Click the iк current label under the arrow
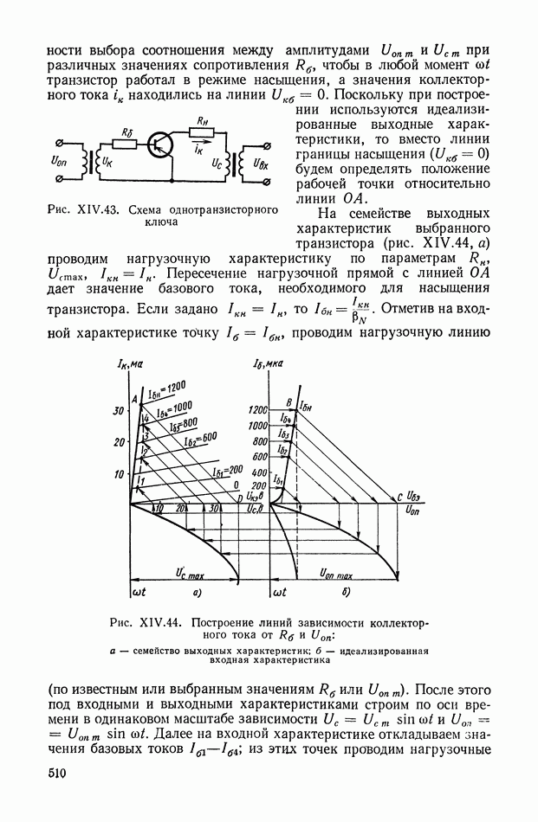198,150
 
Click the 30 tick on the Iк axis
120,412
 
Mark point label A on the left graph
136,399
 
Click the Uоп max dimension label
335,574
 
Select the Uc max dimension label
188,574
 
